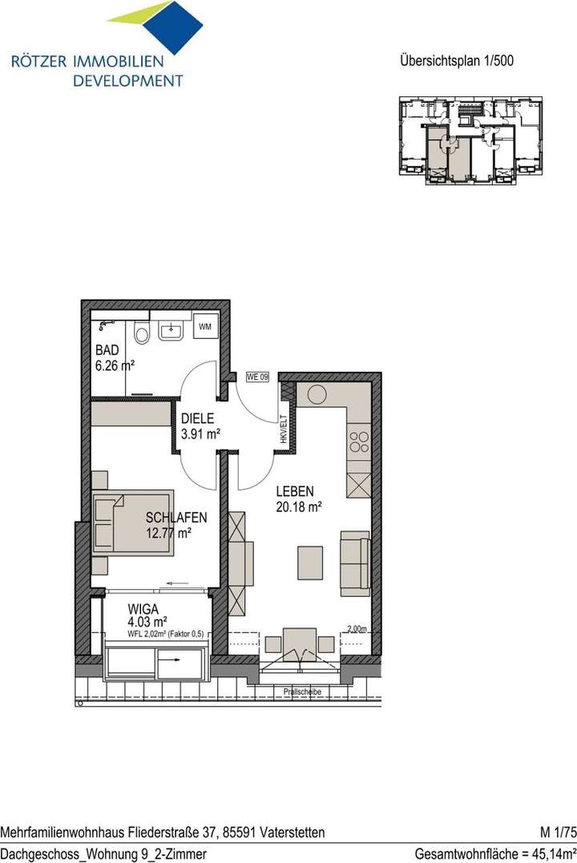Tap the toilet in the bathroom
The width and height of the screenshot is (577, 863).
click(142, 331)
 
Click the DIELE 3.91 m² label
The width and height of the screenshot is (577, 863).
click(200, 425)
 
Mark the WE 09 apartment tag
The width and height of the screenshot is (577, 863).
click(256, 377)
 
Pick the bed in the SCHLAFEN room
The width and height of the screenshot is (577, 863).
click(133, 522)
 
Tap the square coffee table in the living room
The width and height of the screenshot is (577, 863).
click(310, 562)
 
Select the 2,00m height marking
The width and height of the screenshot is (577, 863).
click(357, 630)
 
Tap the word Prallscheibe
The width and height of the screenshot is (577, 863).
click(301, 692)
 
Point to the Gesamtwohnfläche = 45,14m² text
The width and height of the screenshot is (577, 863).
click(495, 853)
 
